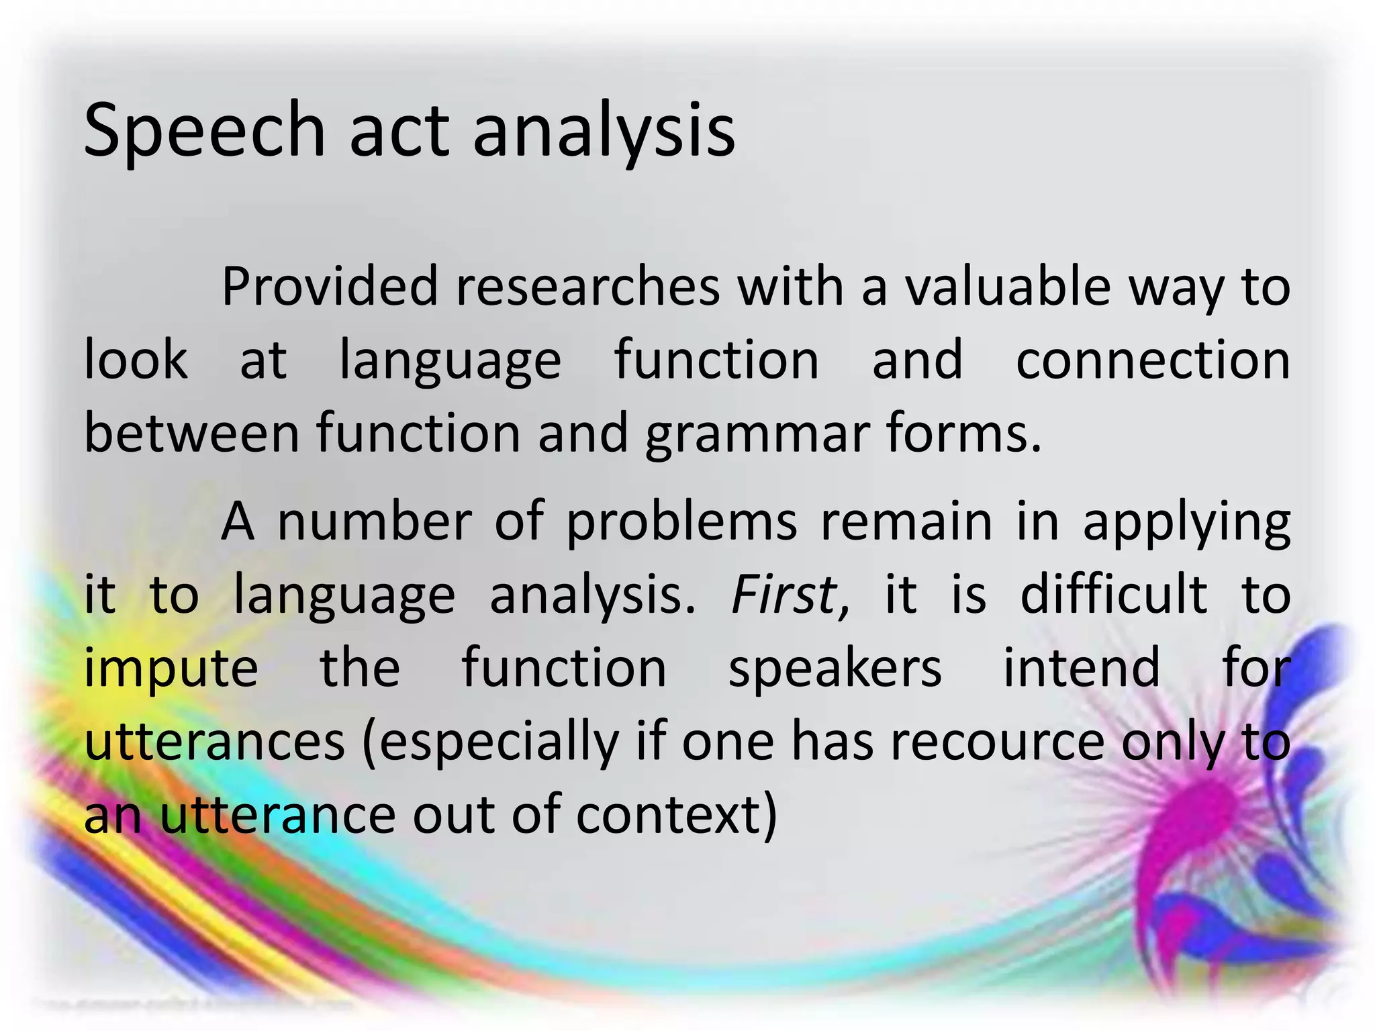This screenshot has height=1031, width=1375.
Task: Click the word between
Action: tap(191, 433)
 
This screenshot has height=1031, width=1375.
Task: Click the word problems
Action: tap(681, 522)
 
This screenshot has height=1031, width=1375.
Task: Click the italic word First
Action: tap(783, 595)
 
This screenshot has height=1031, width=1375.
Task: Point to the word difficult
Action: tap(1114, 595)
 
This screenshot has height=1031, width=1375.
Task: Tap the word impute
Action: tap(171, 669)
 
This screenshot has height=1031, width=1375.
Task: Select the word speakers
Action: tap(835, 669)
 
